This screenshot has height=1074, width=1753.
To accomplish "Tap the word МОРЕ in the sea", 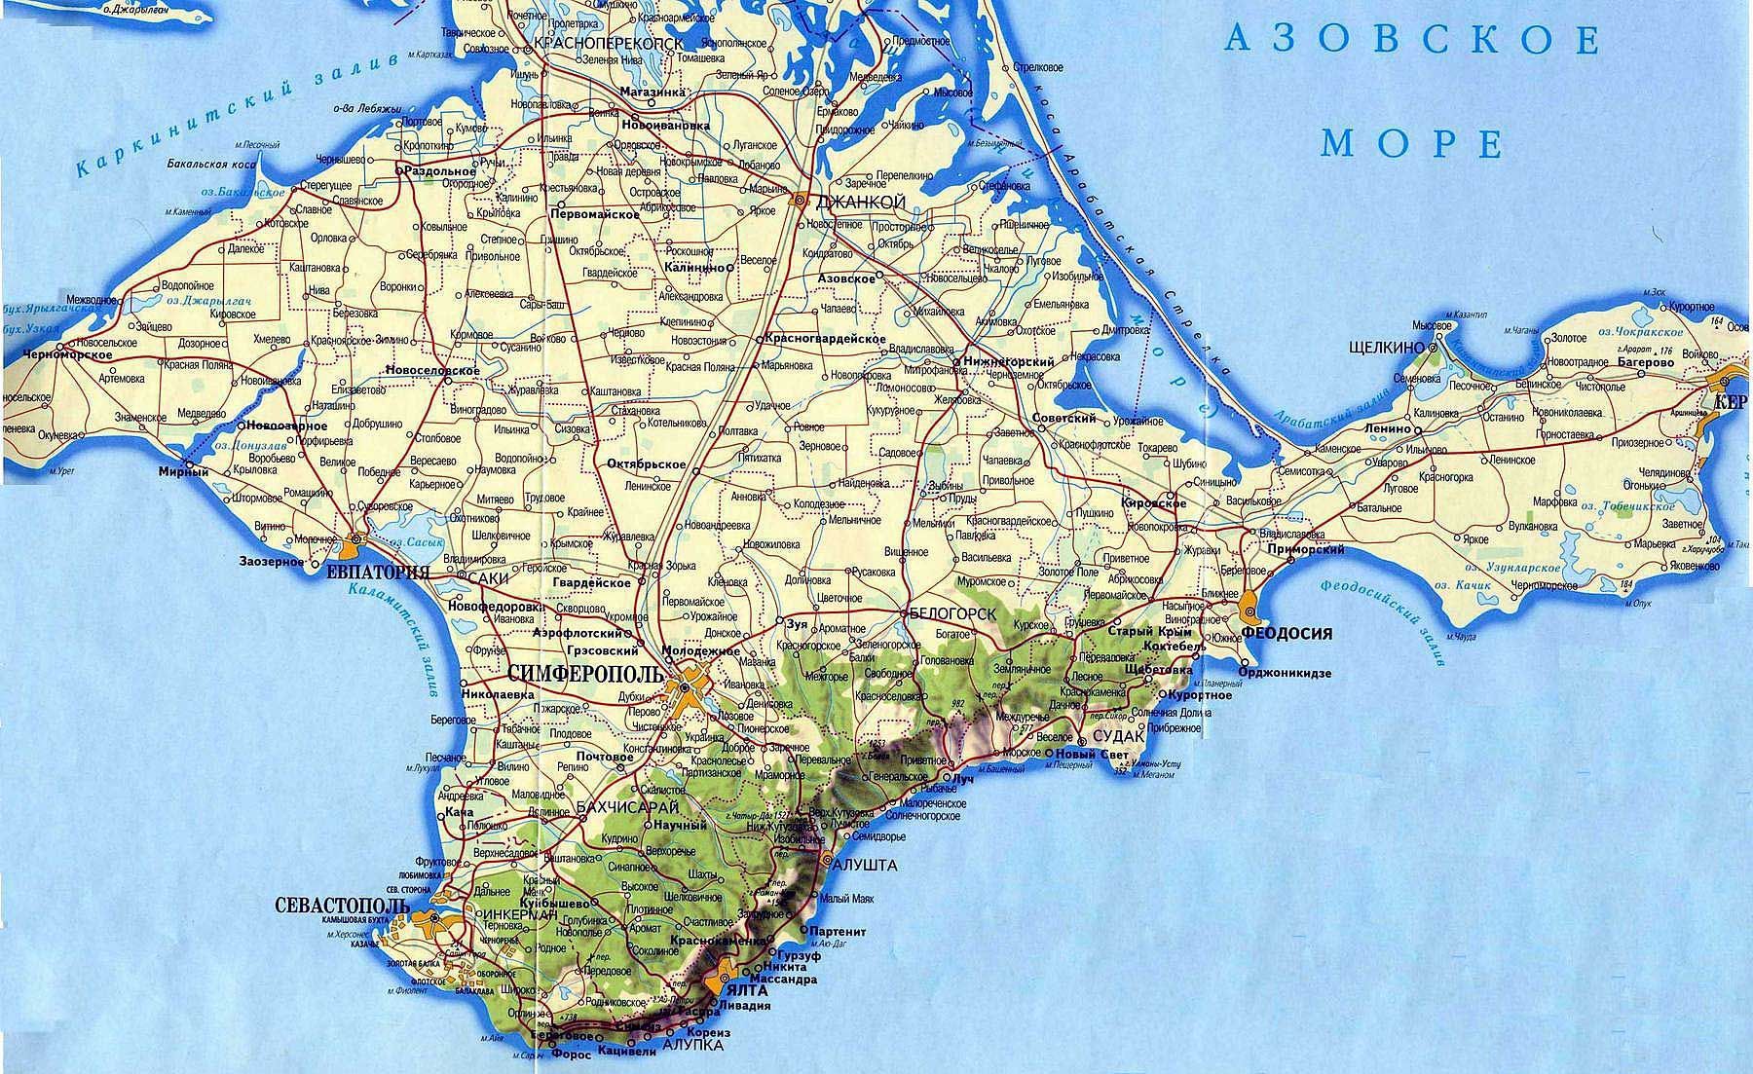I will [x=1411, y=143].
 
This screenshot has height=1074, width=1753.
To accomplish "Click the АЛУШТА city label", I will [x=865, y=865].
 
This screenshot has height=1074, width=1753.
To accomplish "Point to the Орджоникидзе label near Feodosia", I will [x=1287, y=673].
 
